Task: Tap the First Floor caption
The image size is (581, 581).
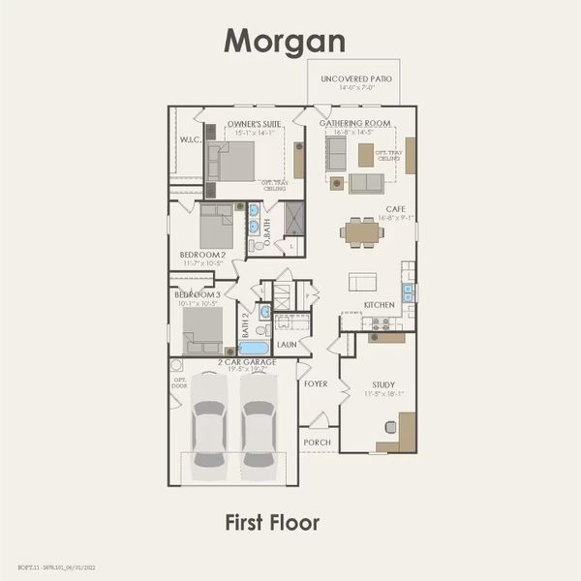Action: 271,522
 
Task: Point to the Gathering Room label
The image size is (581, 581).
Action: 363,124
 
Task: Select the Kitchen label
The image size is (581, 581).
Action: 379,305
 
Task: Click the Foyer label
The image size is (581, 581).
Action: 316,383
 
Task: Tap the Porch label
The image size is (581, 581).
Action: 317,443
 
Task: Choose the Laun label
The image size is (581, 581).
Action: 286,344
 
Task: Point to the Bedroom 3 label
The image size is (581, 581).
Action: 197,293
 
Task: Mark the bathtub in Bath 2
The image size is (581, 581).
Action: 254,348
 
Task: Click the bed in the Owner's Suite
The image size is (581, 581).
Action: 233,166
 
